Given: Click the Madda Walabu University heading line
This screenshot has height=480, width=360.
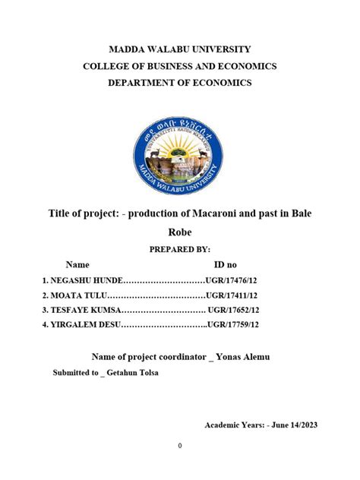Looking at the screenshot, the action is coord(179,49).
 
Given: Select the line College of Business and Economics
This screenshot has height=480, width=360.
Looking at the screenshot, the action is coord(179,66).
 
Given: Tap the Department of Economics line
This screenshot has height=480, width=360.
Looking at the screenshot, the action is coord(179,83).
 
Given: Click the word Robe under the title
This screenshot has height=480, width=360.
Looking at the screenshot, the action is coord(179,233).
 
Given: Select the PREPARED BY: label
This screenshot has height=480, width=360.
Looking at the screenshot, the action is coord(179,250).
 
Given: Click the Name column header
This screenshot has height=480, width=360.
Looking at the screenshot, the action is coord(77,265).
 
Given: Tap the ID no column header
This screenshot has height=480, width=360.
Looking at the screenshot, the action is coord(226,265).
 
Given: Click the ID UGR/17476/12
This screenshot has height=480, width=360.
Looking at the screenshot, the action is coord(232,280).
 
